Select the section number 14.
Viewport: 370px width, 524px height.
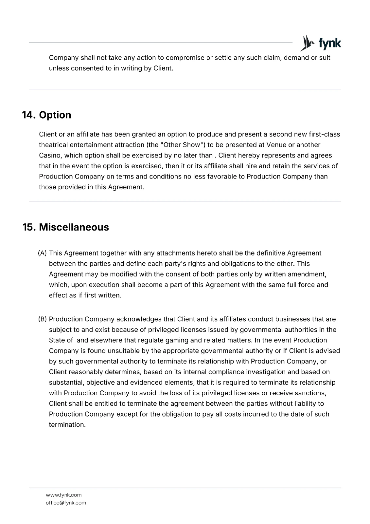(28, 115)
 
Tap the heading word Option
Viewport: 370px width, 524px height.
(55, 115)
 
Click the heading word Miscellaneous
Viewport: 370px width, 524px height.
(74, 227)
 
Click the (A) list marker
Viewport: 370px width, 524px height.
(43, 253)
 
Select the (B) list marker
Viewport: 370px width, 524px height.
(43, 319)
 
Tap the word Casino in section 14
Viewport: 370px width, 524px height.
(50, 155)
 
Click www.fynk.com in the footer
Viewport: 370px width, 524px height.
(63, 495)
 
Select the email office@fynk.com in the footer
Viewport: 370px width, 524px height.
(66, 503)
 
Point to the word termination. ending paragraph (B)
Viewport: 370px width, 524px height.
(67, 425)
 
